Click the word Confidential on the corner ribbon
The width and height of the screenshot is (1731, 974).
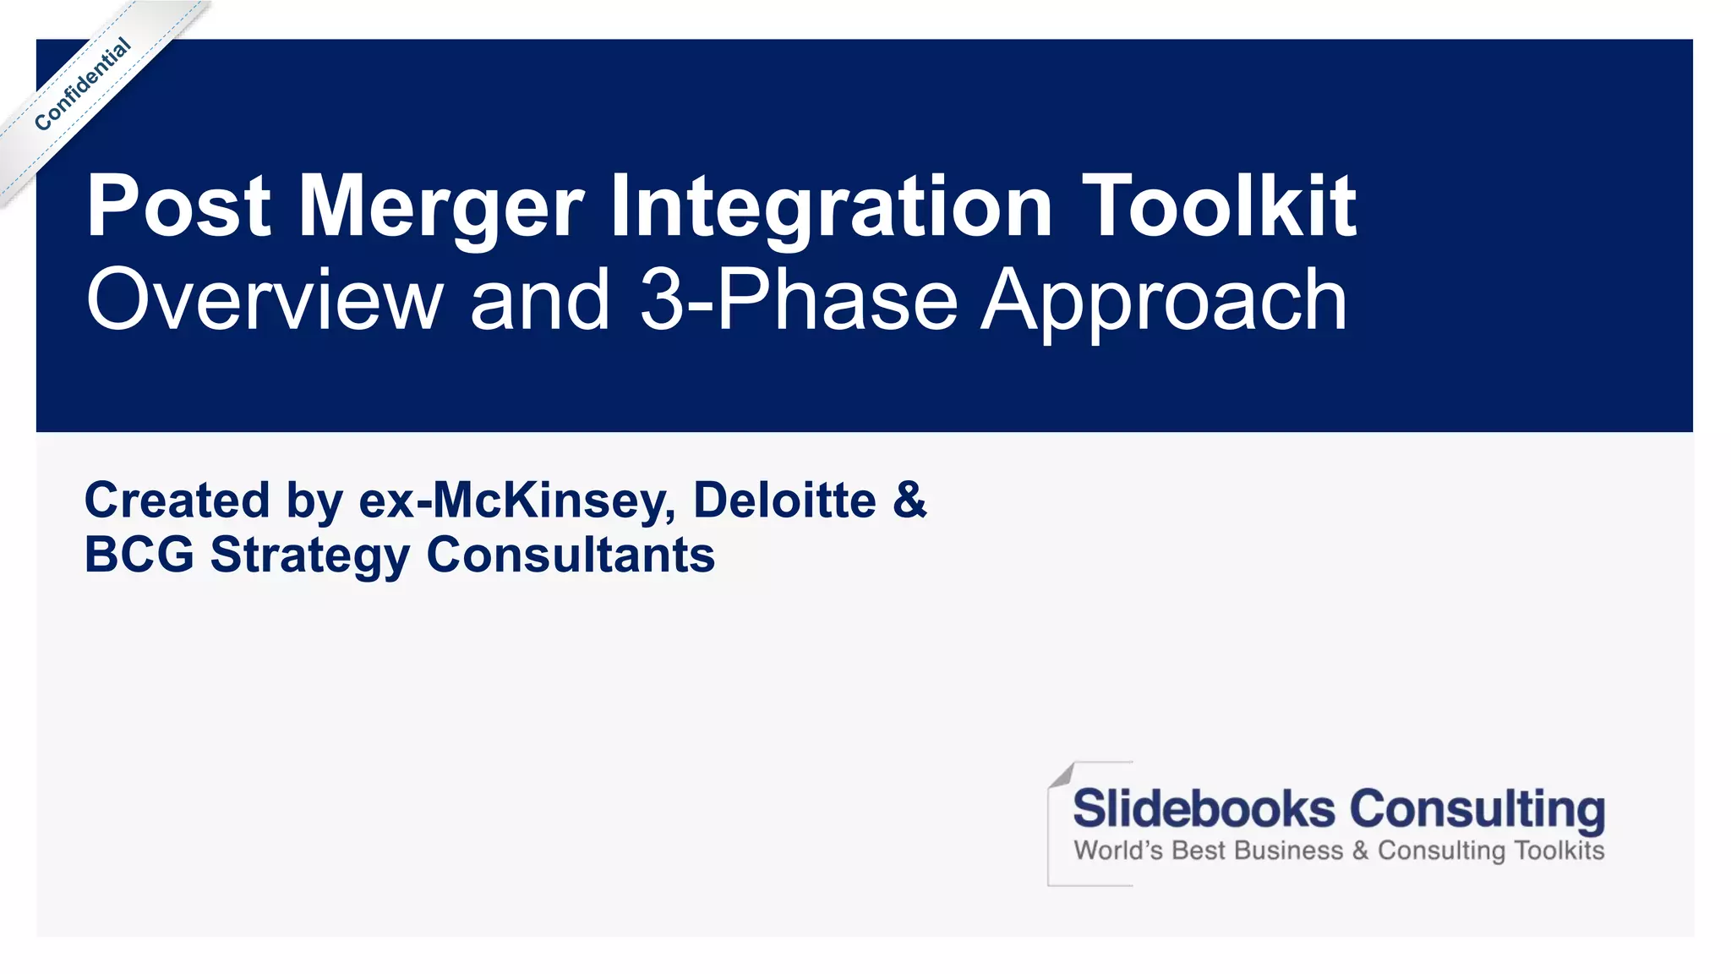pos(83,85)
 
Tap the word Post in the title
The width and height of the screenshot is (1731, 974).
pos(178,206)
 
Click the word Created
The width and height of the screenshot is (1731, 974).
pos(177,500)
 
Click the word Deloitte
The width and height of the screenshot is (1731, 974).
pos(784,500)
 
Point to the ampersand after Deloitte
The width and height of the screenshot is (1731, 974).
pos(909,500)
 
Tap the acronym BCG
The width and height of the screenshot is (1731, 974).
pos(139,555)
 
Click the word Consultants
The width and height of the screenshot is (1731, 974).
pos(571,555)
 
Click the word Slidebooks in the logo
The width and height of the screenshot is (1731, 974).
pos(1204,808)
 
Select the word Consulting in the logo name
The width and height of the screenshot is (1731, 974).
pos(1477,810)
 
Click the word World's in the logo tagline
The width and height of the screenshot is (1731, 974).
pos(1118,850)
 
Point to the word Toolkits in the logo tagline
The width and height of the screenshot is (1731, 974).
pos(1559,850)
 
